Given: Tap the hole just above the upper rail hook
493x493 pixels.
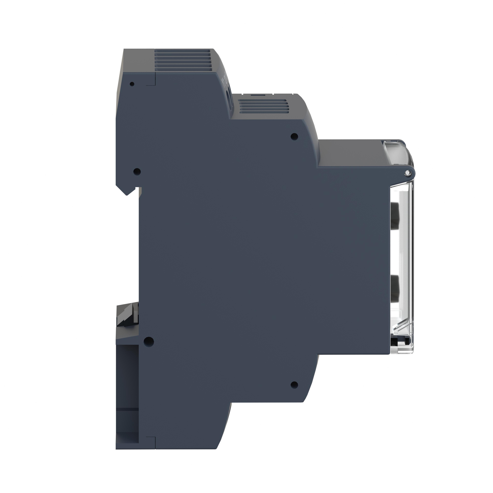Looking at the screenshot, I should [137, 171].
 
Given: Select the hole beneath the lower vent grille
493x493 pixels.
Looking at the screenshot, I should [294, 137].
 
